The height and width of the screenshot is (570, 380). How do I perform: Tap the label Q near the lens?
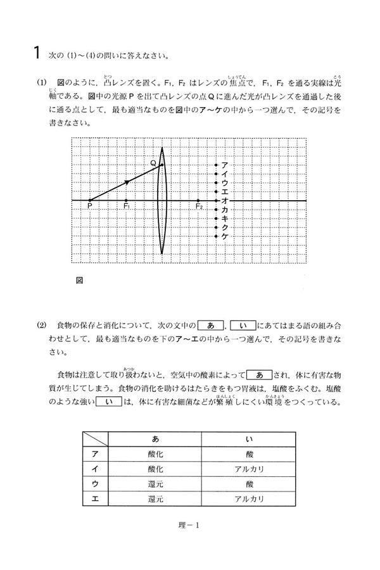tap(153, 163)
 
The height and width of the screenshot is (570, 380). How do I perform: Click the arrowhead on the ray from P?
tap(127, 182)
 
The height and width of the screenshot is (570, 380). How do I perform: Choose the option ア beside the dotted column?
tap(224, 165)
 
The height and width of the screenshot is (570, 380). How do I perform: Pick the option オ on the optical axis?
tap(224, 200)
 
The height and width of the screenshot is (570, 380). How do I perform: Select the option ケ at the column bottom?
tap(224, 236)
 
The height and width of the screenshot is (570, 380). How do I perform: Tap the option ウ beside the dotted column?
tap(224, 182)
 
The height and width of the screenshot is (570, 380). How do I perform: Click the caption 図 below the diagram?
tap(79, 279)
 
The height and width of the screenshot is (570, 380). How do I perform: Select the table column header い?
tap(248, 439)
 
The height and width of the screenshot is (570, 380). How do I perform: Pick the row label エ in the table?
tap(94, 499)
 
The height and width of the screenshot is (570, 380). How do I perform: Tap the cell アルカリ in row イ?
tap(248, 469)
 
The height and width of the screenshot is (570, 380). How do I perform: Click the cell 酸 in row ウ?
tap(248, 484)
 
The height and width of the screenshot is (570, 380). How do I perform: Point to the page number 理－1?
tap(189, 524)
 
